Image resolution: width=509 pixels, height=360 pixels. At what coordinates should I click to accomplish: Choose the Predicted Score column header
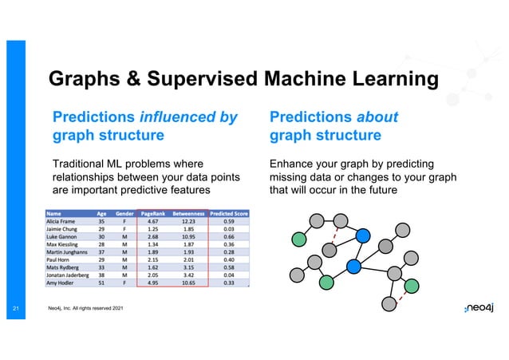click(x=228, y=213)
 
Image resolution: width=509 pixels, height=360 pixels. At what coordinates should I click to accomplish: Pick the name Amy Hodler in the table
click(x=63, y=283)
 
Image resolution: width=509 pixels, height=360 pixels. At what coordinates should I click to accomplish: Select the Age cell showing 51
click(x=102, y=283)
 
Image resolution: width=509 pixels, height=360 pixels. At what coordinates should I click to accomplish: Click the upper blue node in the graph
click(x=363, y=235)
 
